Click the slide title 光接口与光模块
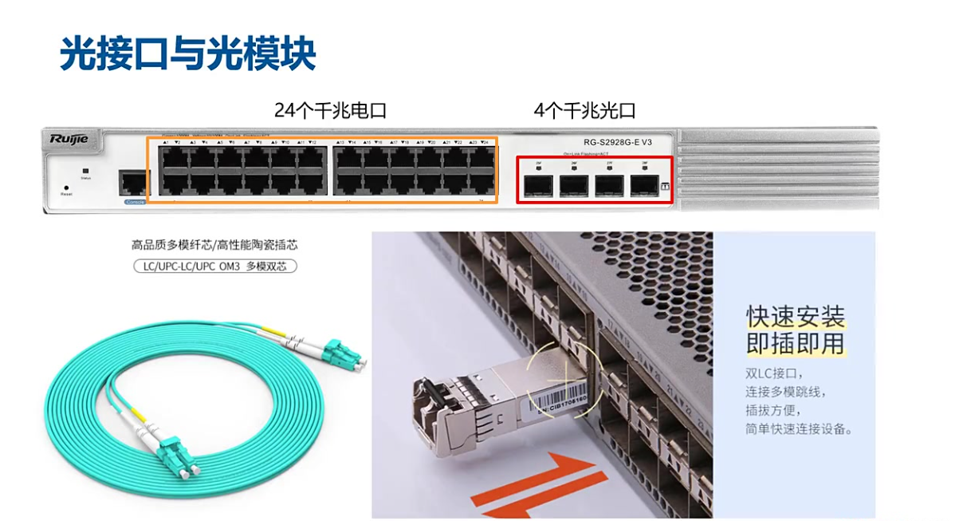(189, 53)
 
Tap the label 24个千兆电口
(330, 110)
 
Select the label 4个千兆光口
(585, 110)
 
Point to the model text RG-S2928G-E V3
(618, 142)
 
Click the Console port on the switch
(133, 184)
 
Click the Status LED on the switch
(86, 171)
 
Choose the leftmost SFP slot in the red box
(538, 186)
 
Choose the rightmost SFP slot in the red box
(643, 186)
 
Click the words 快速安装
(795, 316)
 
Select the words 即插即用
(795, 343)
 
